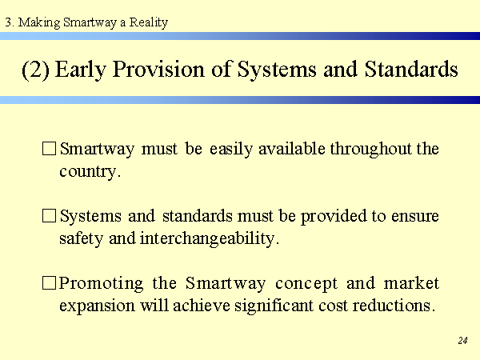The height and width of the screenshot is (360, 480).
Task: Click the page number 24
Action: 462,341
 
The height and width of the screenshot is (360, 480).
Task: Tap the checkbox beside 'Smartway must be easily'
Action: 49,149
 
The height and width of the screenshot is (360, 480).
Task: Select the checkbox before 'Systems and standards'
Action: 49,215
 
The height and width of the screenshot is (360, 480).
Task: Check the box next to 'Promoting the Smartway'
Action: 49,282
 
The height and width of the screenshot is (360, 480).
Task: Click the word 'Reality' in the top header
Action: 149,22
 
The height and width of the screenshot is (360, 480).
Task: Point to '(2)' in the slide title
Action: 35,70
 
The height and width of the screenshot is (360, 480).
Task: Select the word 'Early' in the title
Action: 81,70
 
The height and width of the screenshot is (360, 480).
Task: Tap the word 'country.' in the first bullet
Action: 90,172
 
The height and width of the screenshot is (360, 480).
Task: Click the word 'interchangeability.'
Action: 210,238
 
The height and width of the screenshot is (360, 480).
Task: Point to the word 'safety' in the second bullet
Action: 81,238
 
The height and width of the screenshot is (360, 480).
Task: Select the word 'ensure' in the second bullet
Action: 414,217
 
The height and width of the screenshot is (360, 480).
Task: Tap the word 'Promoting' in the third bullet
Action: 101,283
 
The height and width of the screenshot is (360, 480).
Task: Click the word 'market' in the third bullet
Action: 411,283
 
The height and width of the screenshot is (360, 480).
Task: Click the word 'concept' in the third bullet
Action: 306,284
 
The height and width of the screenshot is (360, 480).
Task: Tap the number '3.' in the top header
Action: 10,22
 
